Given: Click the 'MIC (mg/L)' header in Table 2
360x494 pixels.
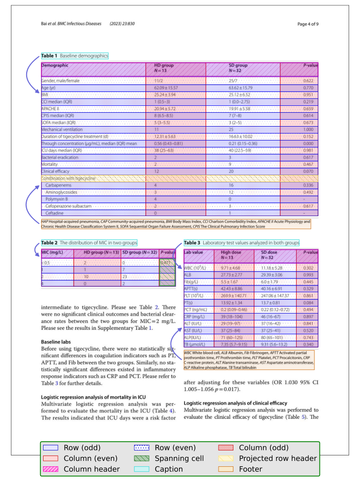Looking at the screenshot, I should coord(52,253).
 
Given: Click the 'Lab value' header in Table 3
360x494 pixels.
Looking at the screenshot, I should coord(194,253).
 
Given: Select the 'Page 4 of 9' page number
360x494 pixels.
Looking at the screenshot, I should coord(308,24).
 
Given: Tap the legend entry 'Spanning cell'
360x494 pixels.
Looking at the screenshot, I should coord(179,458).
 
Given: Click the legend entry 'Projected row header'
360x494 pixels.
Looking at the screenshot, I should coord(277,458).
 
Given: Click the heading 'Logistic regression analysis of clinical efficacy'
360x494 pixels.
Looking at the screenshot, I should coord(235,403).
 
